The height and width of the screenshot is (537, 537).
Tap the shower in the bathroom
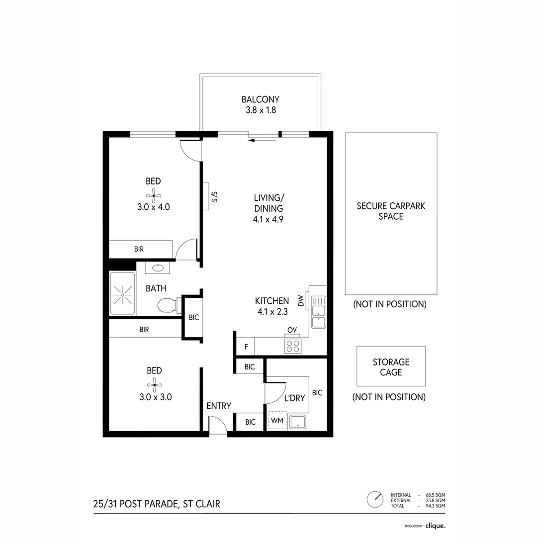[122, 294]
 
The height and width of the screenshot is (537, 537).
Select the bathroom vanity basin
[158, 268]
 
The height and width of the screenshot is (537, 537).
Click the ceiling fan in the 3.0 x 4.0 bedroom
[154, 195]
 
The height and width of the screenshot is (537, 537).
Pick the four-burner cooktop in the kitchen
[292, 346]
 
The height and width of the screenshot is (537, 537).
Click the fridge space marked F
[245, 346]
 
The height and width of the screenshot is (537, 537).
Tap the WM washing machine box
[277, 421]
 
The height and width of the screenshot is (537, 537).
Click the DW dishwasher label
[301, 300]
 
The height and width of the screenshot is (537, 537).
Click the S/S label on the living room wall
[215, 196]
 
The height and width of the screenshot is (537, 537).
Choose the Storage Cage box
[391, 366]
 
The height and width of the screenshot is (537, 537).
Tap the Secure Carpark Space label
[391, 211]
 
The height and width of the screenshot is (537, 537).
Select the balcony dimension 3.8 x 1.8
[260, 110]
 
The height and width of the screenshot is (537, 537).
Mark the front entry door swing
[218, 425]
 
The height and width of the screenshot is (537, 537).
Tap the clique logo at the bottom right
[436, 525]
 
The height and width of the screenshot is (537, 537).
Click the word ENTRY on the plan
[219, 406]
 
